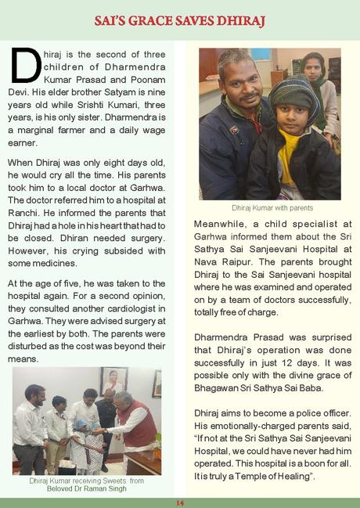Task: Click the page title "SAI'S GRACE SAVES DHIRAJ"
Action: click(x=179, y=19)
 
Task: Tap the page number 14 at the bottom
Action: click(x=179, y=502)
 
